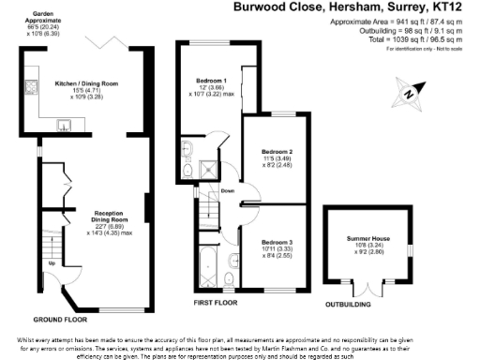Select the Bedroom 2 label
(277, 151)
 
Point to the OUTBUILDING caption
(346, 305)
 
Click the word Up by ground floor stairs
(51, 263)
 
